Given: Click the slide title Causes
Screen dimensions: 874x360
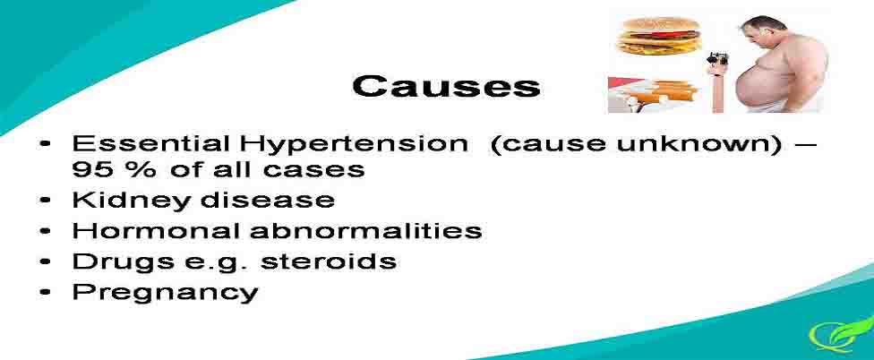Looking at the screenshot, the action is click(x=446, y=86).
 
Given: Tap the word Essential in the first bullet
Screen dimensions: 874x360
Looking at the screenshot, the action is click(x=150, y=144).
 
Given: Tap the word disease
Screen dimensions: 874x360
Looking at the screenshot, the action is click(x=268, y=200).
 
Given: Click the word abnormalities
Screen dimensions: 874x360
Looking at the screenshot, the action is click(x=366, y=231).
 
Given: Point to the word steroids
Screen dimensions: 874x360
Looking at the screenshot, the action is click(x=329, y=261).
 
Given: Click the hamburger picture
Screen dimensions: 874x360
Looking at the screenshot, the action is click(x=659, y=36).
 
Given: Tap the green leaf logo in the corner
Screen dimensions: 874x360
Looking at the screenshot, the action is click(x=842, y=333).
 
